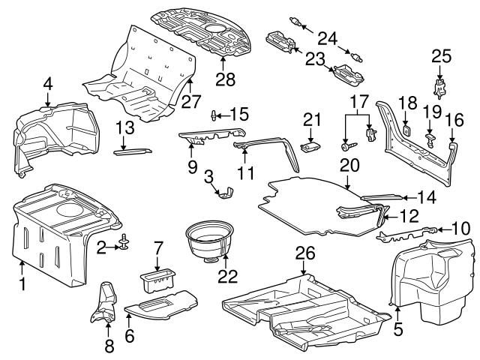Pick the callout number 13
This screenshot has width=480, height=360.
(125, 126)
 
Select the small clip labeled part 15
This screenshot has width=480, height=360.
(214, 114)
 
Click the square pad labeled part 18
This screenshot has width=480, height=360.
(405, 128)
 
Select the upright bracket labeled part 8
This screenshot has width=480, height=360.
(103, 305)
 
